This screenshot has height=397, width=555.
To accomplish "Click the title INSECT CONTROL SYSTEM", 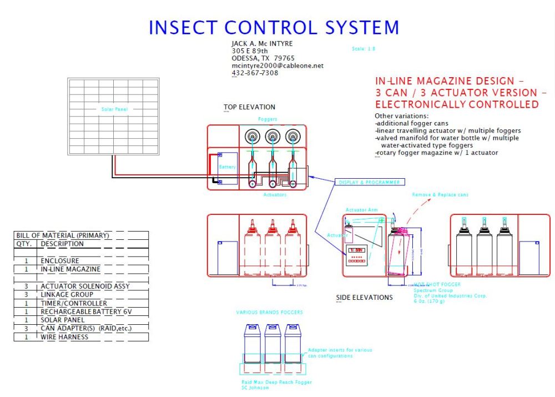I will (274, 27).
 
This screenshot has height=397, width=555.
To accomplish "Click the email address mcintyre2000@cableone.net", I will (277, 66).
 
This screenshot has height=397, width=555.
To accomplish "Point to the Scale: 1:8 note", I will (364, 49).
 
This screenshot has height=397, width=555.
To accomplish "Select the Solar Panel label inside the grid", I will (114, 109).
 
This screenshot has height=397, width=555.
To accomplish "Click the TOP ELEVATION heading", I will (249, 107).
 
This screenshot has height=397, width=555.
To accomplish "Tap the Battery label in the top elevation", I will (227, 167).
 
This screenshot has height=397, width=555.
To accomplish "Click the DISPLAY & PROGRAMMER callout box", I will (369, 182).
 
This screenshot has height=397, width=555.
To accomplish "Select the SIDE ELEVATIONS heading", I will (364, 298).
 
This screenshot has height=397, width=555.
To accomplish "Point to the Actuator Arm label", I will (361, 210).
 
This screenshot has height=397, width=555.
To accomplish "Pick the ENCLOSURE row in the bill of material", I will (59, 260).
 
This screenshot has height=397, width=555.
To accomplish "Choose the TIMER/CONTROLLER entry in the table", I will (73, 303).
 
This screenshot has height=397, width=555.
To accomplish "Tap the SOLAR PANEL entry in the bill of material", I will (63, 320).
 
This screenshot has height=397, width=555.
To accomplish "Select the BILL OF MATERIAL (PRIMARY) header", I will (62, 235).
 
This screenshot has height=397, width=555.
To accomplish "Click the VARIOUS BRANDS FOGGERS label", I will (269, 312).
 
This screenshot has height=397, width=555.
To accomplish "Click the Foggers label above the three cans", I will (268, 119).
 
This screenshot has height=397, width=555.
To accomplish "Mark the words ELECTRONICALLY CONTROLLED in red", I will (457, 104).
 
